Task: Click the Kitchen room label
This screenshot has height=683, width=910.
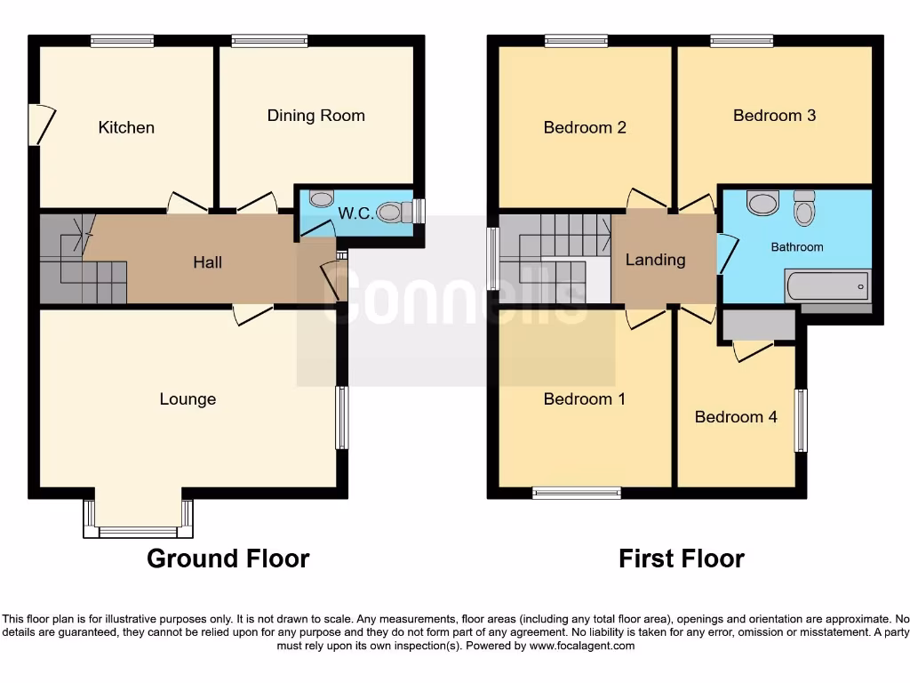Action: click(x=126, y=127)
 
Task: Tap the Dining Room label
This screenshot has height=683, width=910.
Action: click(x=315, y=116)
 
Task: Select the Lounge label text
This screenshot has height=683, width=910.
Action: click(x=188, y=399)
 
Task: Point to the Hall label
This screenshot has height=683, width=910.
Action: click(x=208, y=262)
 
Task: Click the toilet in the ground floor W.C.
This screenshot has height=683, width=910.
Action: click(x=394, y=212)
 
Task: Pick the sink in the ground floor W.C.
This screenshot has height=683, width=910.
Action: click(x=320, y=198)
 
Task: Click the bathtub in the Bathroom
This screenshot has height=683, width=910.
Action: click(x=826, y=286)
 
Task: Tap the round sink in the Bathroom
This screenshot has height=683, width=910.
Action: click(x=762, y=204)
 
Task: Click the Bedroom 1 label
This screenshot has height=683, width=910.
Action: click(x=584, y=399)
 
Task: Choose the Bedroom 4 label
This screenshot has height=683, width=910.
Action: click(x=736, y=417)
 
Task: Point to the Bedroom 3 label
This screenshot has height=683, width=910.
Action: click(x=774, y=116)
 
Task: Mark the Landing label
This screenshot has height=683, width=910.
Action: click(x=655, y=260)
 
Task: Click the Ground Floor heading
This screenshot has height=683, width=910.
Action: click(x=227, y=558)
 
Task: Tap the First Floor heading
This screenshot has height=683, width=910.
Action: click(x=681, y=558)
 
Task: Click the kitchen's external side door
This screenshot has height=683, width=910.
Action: click(x=39, y=125)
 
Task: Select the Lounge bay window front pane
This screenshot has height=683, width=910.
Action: click(x=138, y=532)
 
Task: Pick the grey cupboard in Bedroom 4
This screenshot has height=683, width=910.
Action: click(x=758, y=325)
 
